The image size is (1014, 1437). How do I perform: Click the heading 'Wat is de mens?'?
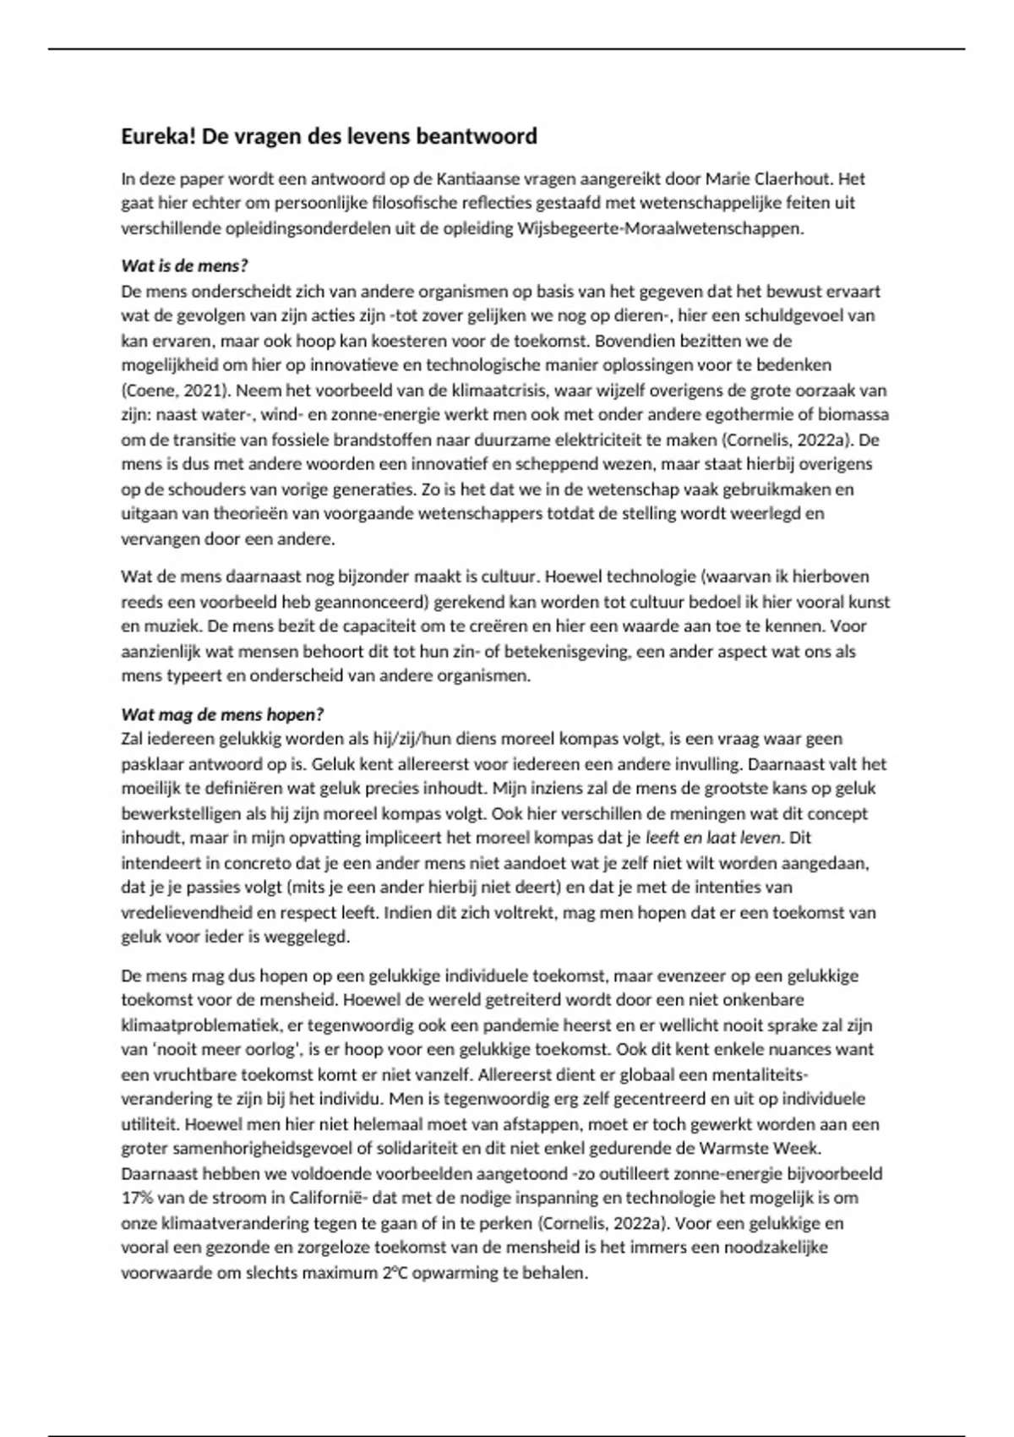point(184,266)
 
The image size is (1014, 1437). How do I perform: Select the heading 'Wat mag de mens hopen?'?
point(223,714)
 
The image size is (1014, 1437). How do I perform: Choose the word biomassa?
point(855,415)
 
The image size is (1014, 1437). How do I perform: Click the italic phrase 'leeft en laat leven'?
point(715,839)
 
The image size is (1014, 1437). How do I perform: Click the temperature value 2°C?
point(391,1273)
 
